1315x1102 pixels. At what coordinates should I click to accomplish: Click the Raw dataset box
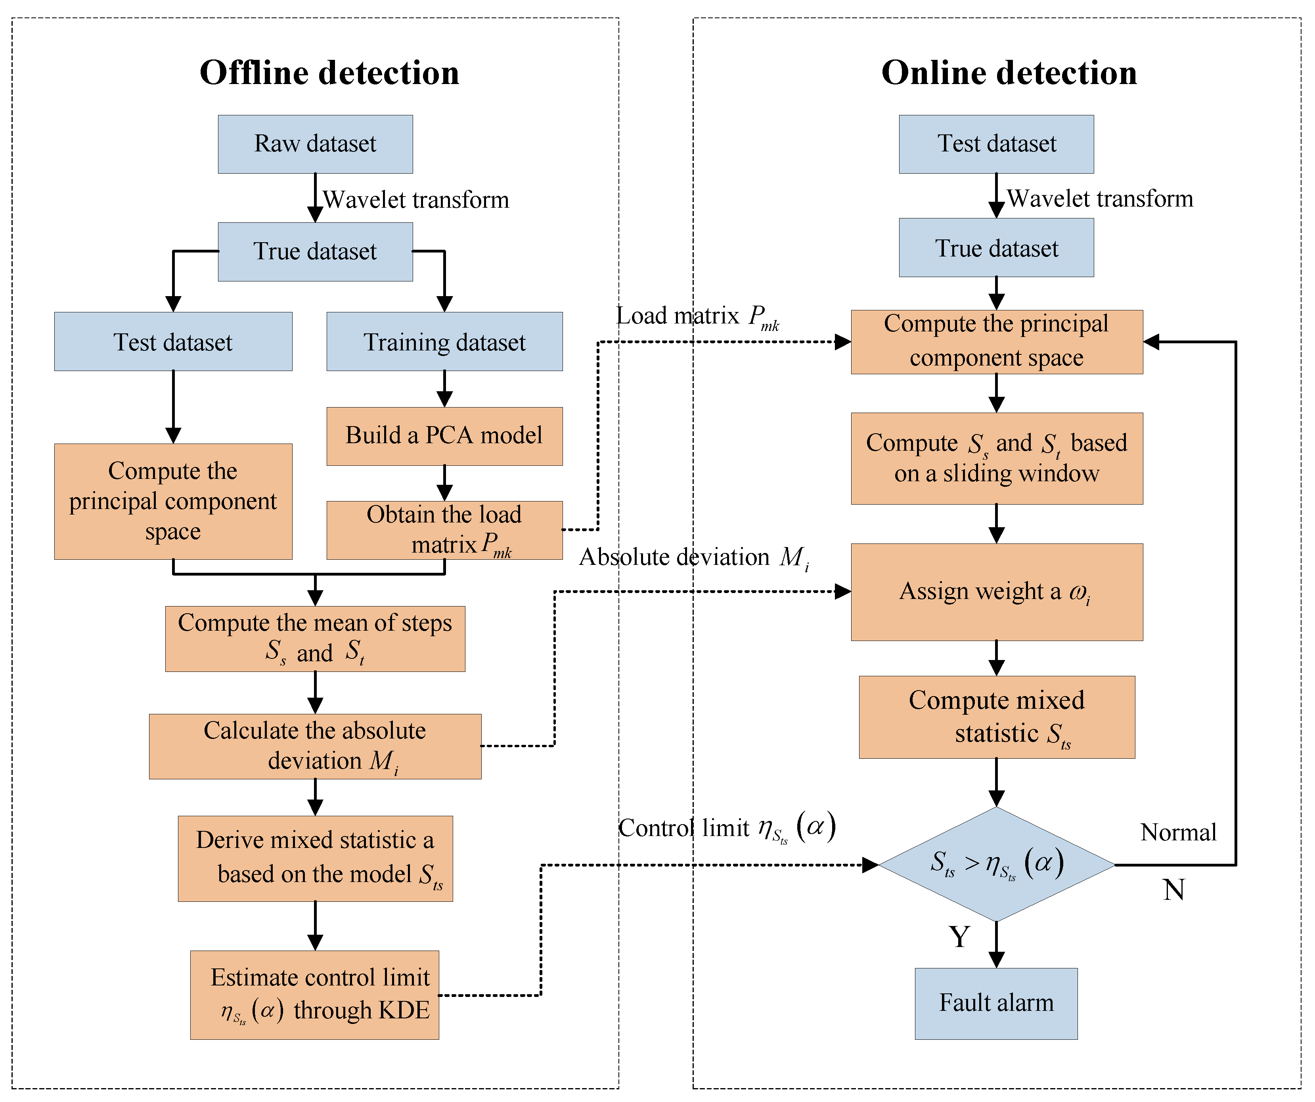tap(315, 144)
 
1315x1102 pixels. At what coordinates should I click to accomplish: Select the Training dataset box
tap(444, 342)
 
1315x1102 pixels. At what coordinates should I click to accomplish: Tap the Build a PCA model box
tap(444, 436)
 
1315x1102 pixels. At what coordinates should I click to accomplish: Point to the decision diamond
tap(996, 864)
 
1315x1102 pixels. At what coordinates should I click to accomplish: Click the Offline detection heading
tap(329, 73)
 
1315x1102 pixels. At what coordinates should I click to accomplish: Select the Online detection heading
tap(1009, 73)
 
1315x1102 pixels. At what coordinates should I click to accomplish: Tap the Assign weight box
tap(996, 592)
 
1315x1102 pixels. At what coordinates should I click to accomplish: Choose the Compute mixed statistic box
tap(996, 717)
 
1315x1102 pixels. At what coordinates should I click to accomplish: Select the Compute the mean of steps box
tap(315, 639)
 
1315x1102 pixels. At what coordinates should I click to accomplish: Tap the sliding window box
tap(996, 458)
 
